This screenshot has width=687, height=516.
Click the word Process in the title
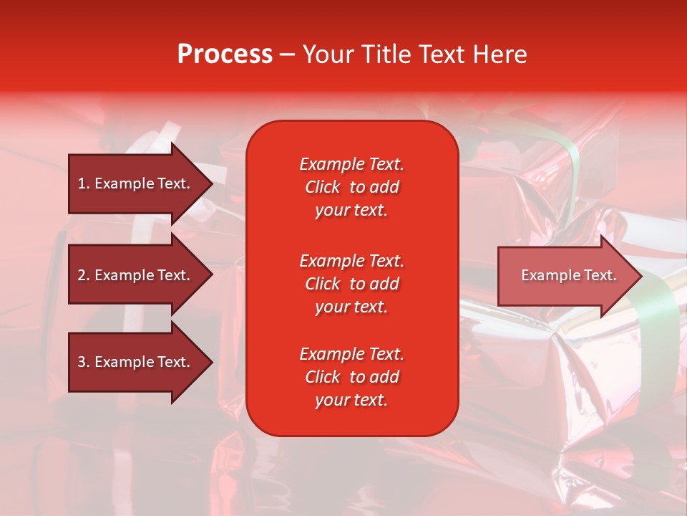(225, 54)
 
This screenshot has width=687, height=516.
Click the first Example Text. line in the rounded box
(351, 164)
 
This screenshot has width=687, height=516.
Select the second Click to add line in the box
(351, 284)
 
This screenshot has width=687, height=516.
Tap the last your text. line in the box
(351, 400)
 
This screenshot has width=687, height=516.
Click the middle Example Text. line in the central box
(351, 260)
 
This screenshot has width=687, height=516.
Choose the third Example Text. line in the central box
(351, 354)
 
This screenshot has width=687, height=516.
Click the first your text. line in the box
(351, 210)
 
